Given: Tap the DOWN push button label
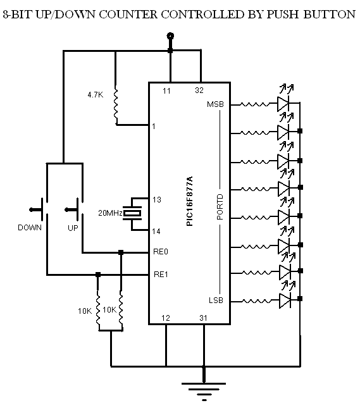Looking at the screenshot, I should (x=29, y=227).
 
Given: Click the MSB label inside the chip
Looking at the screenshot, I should (x=215, y=104).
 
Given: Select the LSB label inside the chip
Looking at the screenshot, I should (x=214, y=300).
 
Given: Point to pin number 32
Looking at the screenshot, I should (x=199, y=91).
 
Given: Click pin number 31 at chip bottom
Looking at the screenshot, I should (x=203, y=317).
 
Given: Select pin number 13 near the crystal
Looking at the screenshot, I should (x=156, y=199).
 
